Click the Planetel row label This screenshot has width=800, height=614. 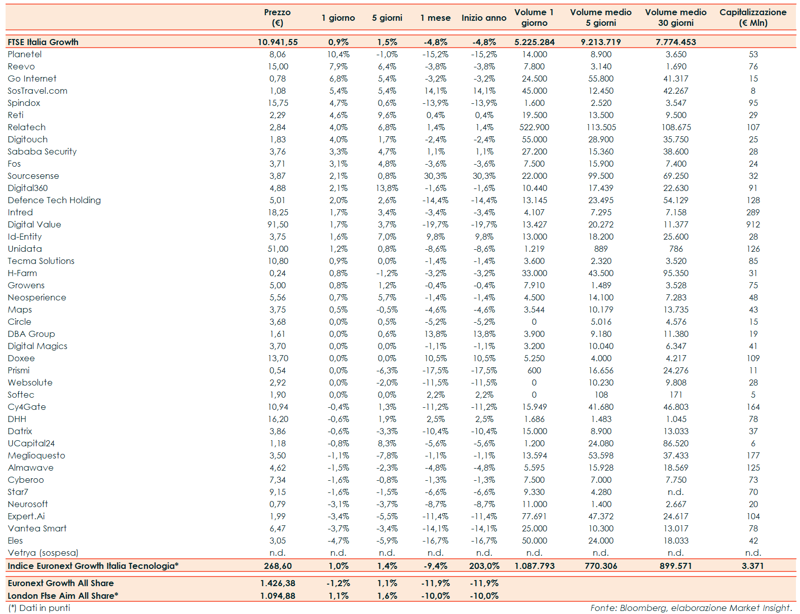coord(25,54)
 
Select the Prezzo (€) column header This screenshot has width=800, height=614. coord(277,17)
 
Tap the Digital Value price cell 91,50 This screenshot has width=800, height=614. coord(278,224)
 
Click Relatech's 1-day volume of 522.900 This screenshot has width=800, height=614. coord(534,127)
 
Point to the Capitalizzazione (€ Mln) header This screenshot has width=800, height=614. coord(753,17)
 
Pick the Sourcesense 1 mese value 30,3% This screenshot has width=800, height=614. coord(435,176)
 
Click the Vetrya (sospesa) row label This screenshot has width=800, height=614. coord(43,553)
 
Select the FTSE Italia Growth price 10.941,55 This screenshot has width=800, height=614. coord(278,42)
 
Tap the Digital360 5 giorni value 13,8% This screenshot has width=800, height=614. coord(387,188)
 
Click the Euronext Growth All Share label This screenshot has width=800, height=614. coord(61,583)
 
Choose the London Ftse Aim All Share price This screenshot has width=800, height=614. coord(278,596)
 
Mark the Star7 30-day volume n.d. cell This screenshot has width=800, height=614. coord(675,492)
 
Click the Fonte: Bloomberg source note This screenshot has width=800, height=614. coord(691,608)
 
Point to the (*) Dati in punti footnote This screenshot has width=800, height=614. coord(39,608)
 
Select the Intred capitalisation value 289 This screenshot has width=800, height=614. coord(753,212)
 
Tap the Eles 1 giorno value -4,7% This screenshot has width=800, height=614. coord(338,541)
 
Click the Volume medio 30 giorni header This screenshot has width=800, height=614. coord(675,17)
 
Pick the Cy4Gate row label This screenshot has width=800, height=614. coord(27,407)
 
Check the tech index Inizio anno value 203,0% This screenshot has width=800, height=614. coord(484,566)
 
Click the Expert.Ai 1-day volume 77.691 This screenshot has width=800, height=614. coord(534,516)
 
